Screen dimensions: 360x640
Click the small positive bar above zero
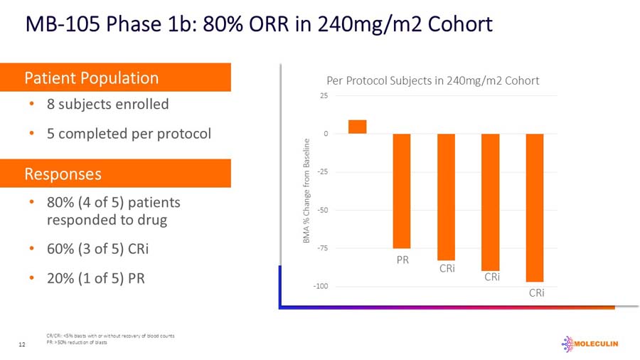[357, 127]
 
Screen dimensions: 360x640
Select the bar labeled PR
[402, 191]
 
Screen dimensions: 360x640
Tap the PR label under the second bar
[402, 260]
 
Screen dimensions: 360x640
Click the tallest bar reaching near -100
[535, 208]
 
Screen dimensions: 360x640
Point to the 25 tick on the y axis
[324, 96]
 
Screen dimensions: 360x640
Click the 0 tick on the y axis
[326, 134]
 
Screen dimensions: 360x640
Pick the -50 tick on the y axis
[323, 210]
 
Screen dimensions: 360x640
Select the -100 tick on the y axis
[321, 286]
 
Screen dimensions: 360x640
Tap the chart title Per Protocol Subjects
[432, 80]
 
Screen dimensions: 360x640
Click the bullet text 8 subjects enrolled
[107, 105]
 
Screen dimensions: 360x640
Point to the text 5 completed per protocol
[129, 133]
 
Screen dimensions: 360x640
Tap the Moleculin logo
[590, 344]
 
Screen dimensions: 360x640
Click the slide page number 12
[22, 345]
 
